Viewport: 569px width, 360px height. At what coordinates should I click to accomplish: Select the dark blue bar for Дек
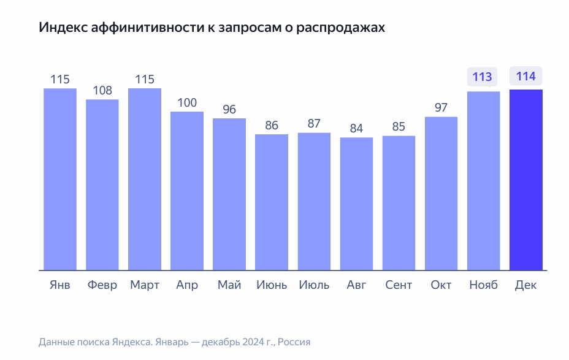point(526,180)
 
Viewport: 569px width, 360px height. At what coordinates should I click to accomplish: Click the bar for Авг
point(356,204)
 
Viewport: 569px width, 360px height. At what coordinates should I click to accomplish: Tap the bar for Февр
point(102,184)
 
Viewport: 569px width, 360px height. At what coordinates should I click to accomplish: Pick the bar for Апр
point(187,190)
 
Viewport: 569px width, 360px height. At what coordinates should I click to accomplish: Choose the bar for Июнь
point(272,202)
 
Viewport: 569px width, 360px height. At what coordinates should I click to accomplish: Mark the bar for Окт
point(441,193)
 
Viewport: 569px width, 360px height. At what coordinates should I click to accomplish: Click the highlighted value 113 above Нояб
point(483,77)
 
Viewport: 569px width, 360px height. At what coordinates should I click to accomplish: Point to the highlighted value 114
point(525,77)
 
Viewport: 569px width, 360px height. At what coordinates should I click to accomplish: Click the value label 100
point(187,102)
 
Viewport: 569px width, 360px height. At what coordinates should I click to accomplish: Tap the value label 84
point(356,129)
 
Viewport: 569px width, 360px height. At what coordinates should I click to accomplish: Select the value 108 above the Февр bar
point(102,91)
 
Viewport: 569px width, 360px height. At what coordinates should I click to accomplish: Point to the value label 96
point(229,110)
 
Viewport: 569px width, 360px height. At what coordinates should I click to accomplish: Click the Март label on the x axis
point(145,285)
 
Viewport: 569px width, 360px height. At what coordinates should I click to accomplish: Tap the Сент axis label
point(399,285)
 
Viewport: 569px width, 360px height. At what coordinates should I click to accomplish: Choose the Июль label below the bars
point(314,285)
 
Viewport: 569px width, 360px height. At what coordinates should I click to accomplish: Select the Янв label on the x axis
point(59,285)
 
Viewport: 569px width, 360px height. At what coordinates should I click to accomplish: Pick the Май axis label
point(229,285)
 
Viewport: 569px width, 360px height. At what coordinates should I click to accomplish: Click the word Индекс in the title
point(59,28)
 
